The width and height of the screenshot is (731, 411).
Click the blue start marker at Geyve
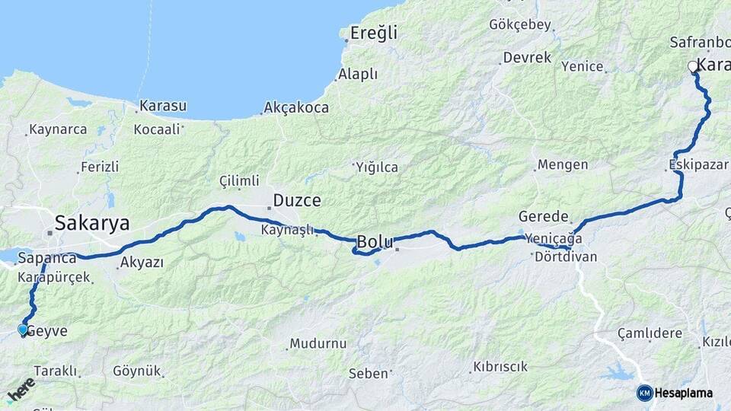23,330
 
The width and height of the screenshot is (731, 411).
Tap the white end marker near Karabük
693,66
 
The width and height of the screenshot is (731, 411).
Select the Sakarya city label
91,224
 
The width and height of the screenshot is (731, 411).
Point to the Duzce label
296,202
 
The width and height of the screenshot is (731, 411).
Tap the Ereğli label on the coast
373,33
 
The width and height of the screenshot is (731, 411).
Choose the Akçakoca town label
296,108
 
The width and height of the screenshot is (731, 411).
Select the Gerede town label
544,216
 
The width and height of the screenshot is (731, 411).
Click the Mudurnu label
318,343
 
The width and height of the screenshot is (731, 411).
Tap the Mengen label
563,164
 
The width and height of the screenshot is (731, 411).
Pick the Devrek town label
526,58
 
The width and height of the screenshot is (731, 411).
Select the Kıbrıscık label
500,367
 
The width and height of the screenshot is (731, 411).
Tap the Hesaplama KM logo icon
644,393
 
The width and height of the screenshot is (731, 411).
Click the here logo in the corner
21,389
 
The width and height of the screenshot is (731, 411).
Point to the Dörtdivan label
566,257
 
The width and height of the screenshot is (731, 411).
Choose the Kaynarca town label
59,129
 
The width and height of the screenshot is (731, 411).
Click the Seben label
369,374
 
